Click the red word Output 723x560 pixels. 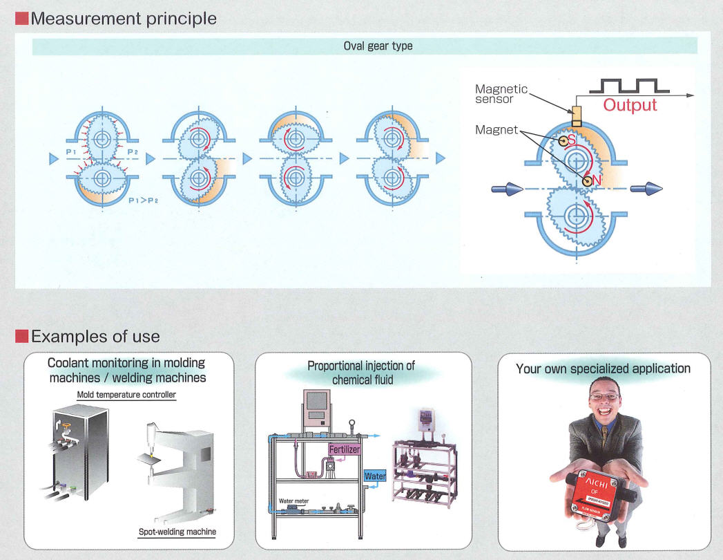(630, 106)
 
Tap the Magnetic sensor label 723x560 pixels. (501, 94)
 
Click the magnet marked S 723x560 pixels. (564, 140)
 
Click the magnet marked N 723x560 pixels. (587, 181)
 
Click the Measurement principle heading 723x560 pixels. (123, 18)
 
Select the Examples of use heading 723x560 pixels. (95, 337)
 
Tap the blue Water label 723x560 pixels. (374, 476)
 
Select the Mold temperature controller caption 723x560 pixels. (126, 395)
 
